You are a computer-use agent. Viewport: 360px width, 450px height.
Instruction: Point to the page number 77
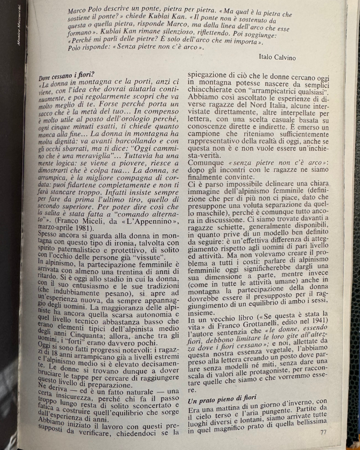[x=323, y=432]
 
